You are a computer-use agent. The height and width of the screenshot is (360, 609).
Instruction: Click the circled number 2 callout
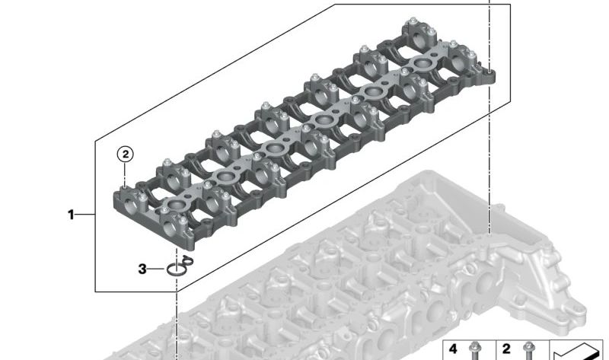tap(125, 154)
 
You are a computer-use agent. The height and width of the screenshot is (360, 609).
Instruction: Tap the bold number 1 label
tap(72, 215)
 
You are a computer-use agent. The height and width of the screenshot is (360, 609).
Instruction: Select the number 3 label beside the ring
tap(142, 269)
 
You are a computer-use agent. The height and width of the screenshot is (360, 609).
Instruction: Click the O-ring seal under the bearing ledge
tap(177, 269)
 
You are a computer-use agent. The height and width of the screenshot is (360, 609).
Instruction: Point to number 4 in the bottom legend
tap(454, 349)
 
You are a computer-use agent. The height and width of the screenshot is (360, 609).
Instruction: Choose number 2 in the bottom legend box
tap(506, 349)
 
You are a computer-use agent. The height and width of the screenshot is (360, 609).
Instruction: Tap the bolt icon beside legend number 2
tap(526, 351)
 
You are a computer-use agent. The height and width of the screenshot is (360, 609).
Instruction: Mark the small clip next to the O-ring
tap(188, 260)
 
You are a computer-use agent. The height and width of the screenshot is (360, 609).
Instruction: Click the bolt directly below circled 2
tap(125, 185)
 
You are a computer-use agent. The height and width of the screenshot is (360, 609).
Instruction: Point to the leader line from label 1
tap(85, 215)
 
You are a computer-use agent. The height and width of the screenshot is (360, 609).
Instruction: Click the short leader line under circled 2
tap(125, 171)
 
